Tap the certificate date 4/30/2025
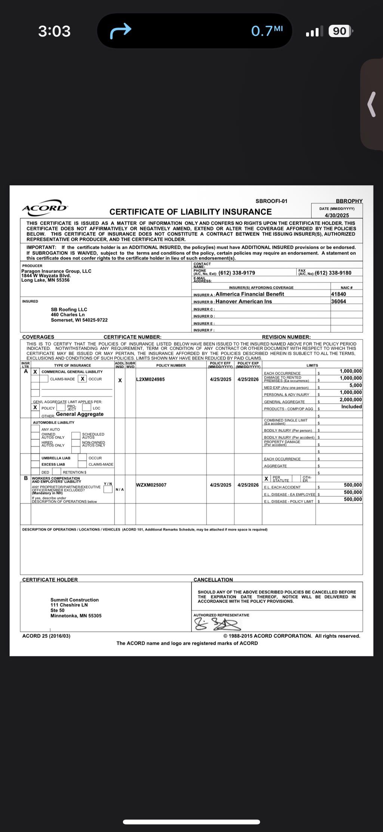pos(337,215)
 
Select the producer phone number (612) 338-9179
pos(237,273)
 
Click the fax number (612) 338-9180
pos(333,273)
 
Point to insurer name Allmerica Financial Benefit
pos(250,294)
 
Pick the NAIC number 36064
pos(338,301)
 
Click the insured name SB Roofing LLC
pos(69,309)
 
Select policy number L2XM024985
pos(150,379)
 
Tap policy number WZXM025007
pos(151,485)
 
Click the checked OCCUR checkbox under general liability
pos(83,379)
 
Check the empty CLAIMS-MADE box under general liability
pos(44,379)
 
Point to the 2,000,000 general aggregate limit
pos(350,400)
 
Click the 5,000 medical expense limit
pos(355,385)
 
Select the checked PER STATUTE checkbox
pos(266,478)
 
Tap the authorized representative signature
pos(217,624)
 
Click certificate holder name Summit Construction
pos(74,600)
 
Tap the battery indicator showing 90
pos(340,31)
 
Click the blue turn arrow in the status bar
pos(120,31)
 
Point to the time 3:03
pos(54,31)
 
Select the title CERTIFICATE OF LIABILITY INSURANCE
pos(190,212)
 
